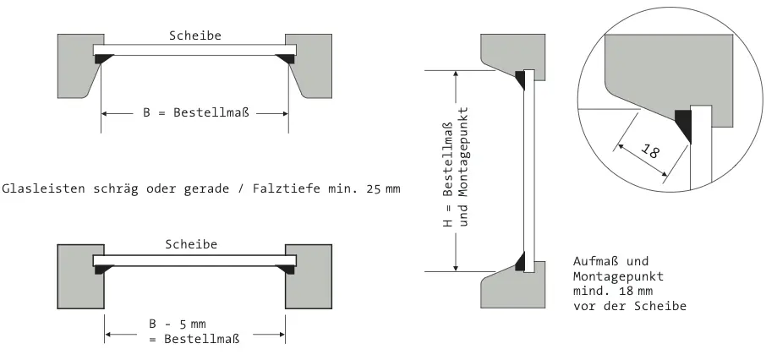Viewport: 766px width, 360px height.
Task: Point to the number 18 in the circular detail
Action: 651,152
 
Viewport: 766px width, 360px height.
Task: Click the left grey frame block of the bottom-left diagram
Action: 79,275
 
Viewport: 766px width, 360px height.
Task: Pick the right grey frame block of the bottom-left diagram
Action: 309,275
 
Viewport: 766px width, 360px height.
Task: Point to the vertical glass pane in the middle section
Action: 528,169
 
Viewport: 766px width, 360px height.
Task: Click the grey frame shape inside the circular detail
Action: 659,68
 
